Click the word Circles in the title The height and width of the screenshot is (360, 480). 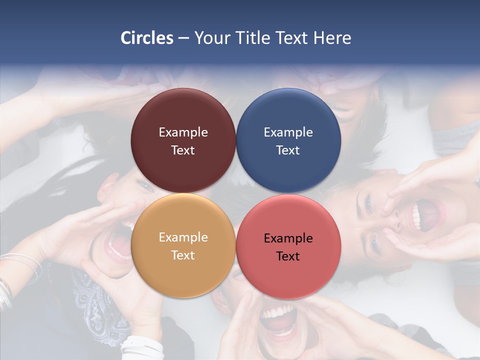tap(147, 38)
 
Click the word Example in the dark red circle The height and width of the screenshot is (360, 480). tap(183, 132)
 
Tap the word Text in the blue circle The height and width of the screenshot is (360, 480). tap(288, 150)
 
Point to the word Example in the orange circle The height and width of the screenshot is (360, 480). tap(183, 237)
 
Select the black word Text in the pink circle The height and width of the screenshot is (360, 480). tap(288, 256)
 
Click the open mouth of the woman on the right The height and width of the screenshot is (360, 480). tap(427, 215)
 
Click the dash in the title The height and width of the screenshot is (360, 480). tap(183, 38)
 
